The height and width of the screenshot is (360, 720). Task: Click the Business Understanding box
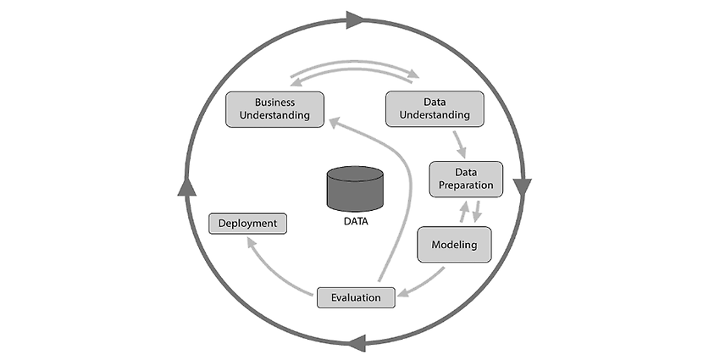point(274,109)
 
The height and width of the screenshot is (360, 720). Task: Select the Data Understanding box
point(435,108)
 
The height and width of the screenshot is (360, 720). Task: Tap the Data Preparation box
point(466,179)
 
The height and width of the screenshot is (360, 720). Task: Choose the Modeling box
point(454,245)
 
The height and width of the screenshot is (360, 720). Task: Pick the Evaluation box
point(356,297)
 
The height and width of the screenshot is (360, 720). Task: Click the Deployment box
point(248,224)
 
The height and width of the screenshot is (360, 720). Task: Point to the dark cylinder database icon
point(355,189)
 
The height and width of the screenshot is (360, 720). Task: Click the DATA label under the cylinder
point(356,221)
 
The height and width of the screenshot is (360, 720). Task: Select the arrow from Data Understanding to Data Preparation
point(460,145)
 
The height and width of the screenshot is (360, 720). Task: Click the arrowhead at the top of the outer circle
point(355,20)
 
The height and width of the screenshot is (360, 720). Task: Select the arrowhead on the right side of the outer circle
point(522,187)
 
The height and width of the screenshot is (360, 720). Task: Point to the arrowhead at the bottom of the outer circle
point(357,343)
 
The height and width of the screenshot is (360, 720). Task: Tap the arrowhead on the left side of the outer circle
point(187,187)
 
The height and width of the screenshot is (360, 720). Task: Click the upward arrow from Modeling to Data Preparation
point(465,212)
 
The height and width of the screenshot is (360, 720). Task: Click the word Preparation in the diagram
point(466,185)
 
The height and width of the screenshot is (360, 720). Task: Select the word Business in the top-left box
point(274,102)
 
